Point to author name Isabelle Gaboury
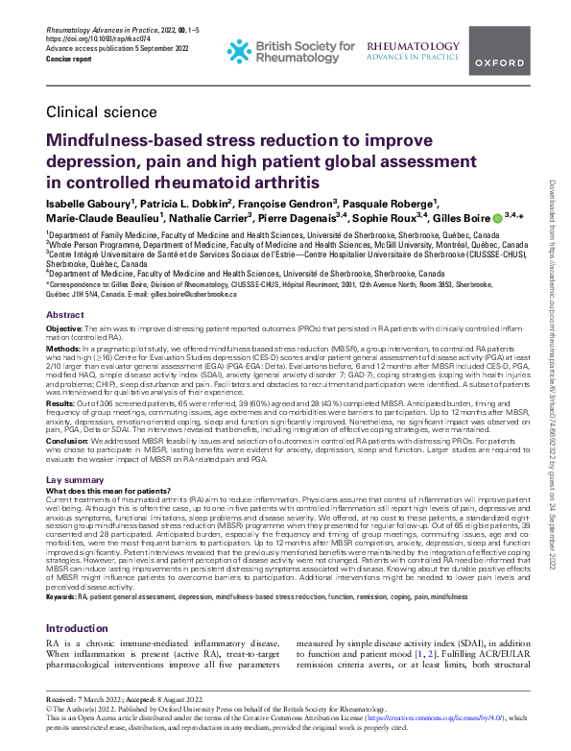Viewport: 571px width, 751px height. click(x=86, y=204)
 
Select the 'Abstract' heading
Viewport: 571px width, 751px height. click(x=65, y=315)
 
